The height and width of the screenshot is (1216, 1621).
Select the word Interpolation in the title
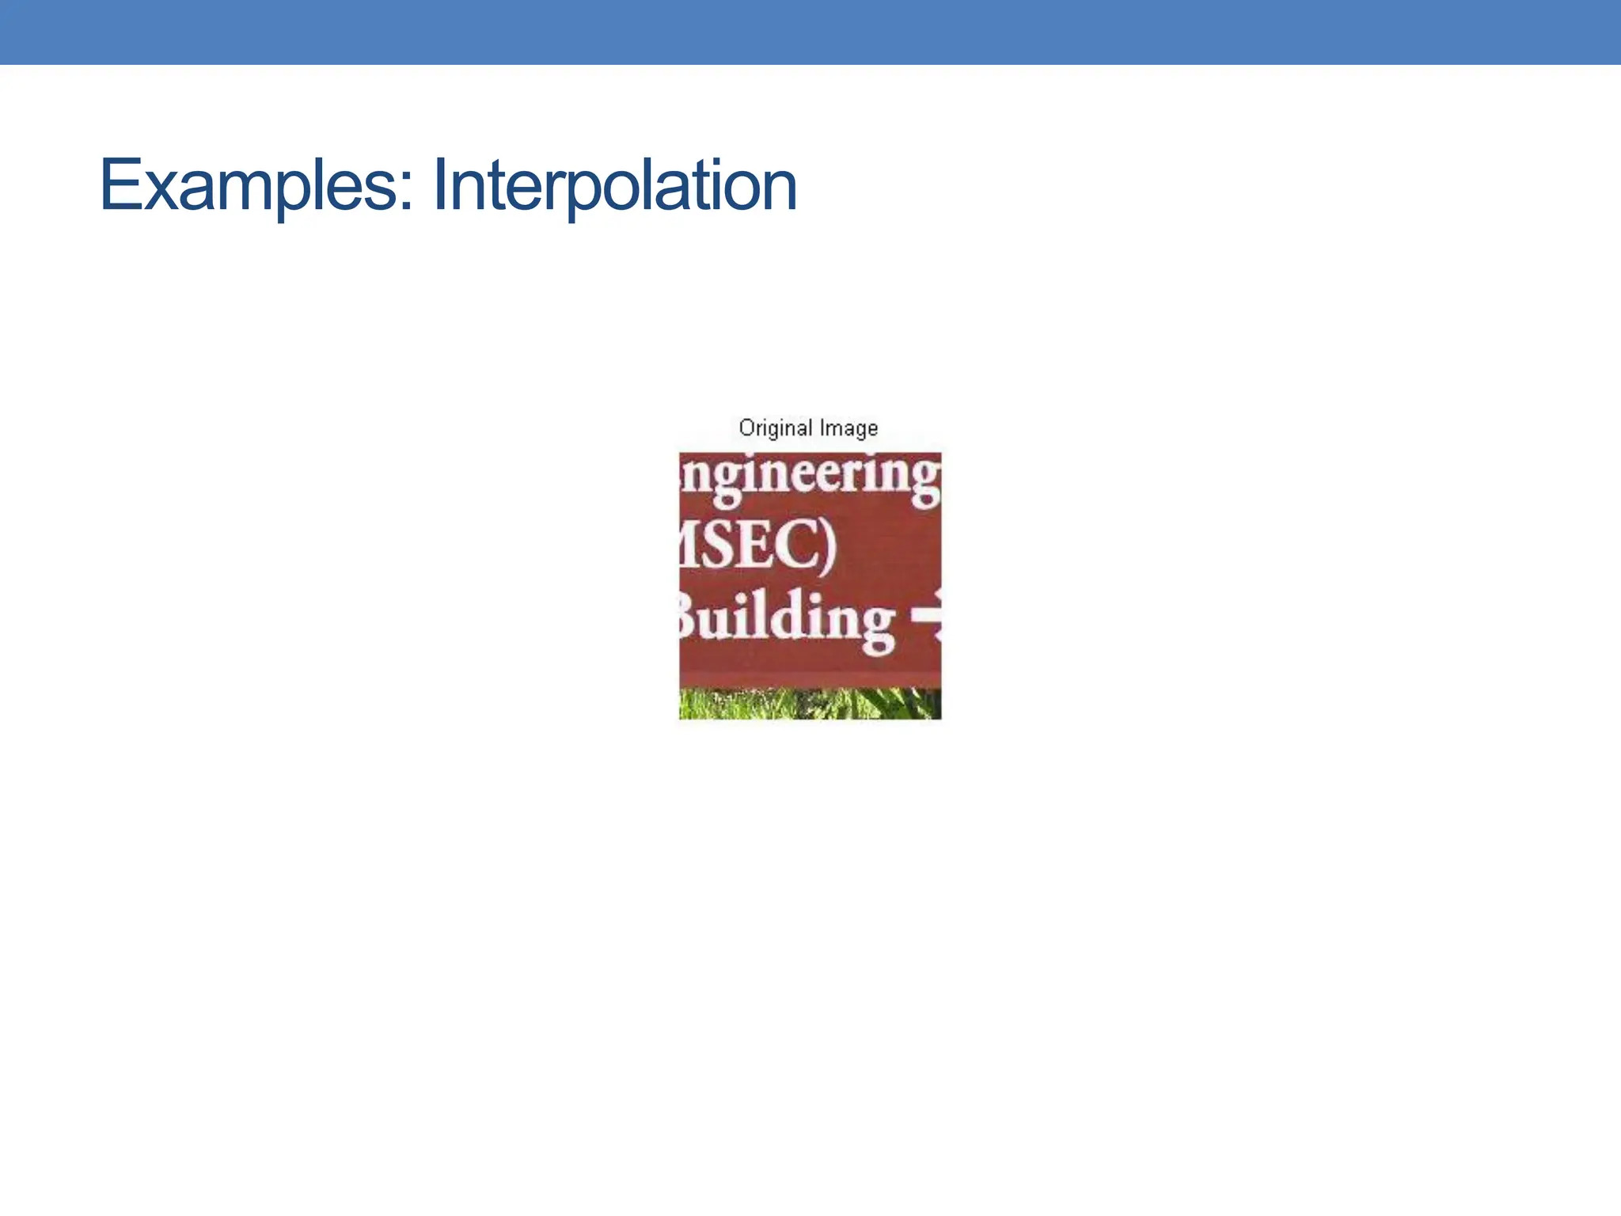(615, 185)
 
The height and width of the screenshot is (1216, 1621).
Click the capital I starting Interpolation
(440, 185)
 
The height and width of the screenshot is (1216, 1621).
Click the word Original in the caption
(775, 428)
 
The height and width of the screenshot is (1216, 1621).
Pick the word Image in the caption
(848, 428)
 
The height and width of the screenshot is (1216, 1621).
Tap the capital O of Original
(746, 427)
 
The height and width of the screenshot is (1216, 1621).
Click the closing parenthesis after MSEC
(826, 546)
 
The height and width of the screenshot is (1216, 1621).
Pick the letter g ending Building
(877, 628)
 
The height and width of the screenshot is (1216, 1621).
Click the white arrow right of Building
(927, 615)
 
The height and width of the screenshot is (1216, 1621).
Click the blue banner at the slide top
(810, 32)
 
